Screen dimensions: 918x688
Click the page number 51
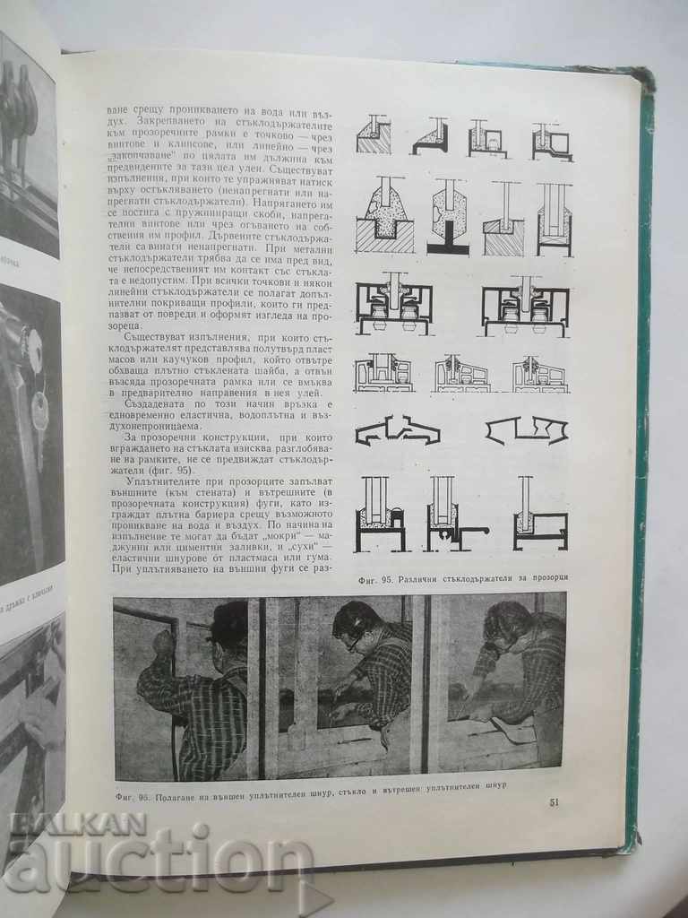point(554,801)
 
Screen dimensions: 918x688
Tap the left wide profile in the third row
point(392,307)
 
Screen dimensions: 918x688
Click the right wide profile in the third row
point(525,307)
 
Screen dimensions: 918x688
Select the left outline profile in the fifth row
point(397,431)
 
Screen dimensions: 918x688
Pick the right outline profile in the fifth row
point(527,431)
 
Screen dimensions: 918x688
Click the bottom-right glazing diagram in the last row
point(537,517)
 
